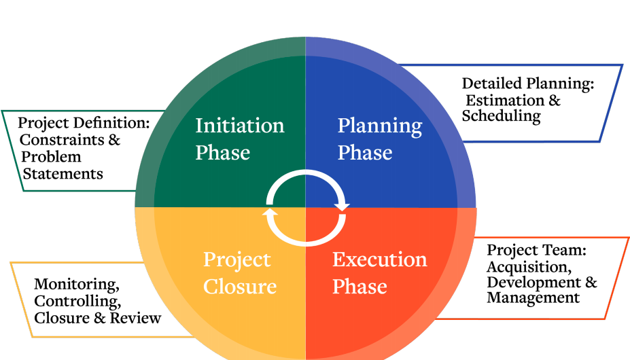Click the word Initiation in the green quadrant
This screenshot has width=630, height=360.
point(240,126)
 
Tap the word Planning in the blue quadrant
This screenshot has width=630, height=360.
point(379,126)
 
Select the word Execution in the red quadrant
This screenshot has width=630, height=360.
point(379,260)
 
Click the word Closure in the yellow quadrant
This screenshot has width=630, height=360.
point(240,287)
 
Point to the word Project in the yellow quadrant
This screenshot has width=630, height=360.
point(237,261)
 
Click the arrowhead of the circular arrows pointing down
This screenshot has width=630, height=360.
point(341,205)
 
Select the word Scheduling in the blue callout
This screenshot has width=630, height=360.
point(501,116)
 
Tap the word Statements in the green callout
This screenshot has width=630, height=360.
point(63,174)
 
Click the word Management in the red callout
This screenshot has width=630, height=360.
point(533,298)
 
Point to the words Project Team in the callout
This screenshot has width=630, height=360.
point(535,251)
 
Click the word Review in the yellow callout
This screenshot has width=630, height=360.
point(139,317)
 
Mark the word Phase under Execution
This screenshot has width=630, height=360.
point(360,287)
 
